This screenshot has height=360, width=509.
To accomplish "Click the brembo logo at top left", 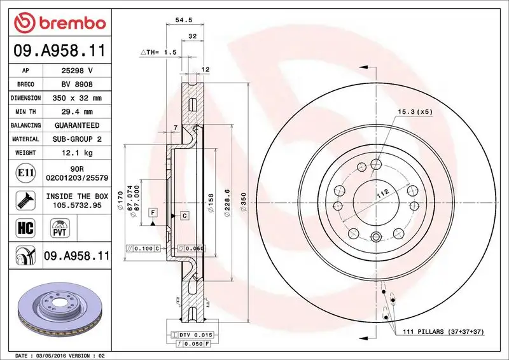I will pyautogui.click(x=59, y=22).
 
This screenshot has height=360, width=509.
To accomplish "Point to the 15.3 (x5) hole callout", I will pyautogui.click(x=415, y=112).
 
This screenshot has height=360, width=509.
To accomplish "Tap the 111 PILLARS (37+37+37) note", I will pyautogui.click(x=443, y=332).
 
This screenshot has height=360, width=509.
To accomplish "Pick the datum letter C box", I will pyautogui.click(x=184, y=216).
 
